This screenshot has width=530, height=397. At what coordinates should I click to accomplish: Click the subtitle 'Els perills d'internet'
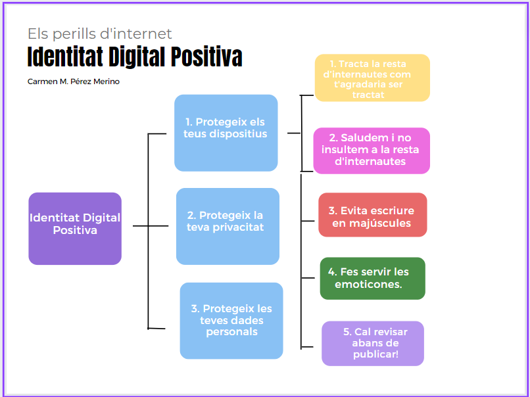[100, 34]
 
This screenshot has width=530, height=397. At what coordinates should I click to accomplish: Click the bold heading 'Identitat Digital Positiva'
[135, 57]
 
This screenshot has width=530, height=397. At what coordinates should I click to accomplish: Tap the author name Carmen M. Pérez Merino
[74, 82]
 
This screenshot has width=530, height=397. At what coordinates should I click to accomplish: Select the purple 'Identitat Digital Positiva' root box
[75, 228]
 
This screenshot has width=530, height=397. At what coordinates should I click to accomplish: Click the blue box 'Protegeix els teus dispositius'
[226, 133]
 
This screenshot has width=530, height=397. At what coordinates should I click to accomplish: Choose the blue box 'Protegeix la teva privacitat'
[228, 226]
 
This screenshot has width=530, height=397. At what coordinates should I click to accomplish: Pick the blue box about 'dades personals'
[231, 321]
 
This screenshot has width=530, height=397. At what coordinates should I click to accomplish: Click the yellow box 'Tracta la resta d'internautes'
[372, 78]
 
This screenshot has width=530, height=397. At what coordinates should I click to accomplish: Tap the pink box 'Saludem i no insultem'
[372, 151]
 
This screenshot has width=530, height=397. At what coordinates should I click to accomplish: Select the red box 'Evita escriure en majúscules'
[373, 215]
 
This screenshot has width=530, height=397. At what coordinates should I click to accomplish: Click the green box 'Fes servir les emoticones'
[372, 279]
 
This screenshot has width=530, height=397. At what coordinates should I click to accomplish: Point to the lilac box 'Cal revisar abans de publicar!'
[373, 343]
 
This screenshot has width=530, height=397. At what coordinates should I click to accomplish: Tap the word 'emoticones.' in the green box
[368, 285]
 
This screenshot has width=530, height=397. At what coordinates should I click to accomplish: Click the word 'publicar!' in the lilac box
[375, 354]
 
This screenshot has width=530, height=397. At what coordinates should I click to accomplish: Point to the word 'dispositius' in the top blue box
[238, 134]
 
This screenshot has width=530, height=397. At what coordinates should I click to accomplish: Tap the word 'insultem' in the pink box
[341, 150]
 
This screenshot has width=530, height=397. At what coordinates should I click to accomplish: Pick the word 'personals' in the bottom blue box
[232, 332]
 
